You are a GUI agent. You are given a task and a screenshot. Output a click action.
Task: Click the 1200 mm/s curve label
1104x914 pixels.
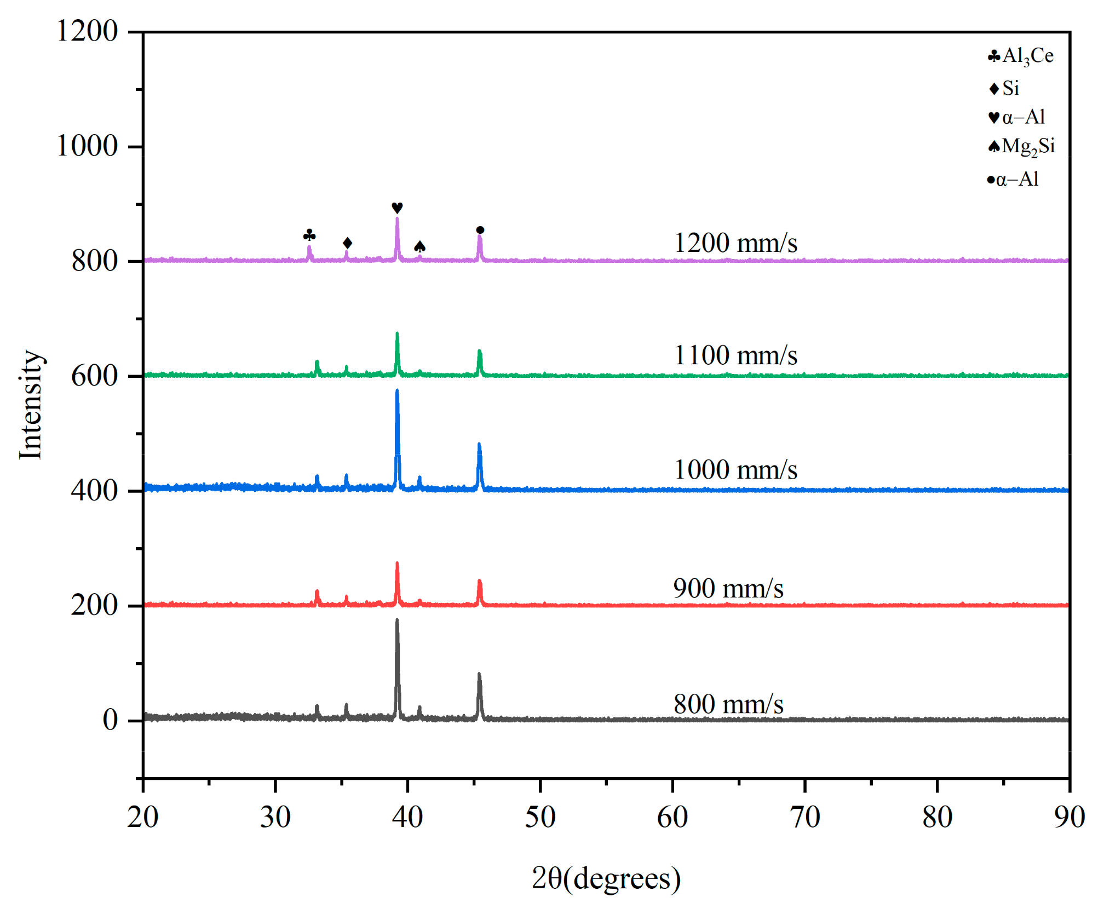pos(735,243)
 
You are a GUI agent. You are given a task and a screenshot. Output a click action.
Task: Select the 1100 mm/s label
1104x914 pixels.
pos(735,355)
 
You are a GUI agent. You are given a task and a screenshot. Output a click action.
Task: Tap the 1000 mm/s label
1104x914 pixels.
pos(735,470)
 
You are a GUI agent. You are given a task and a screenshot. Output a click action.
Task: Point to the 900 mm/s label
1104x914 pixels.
pos(728,589)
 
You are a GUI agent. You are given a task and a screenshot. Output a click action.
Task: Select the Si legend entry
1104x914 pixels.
pos(1005,88)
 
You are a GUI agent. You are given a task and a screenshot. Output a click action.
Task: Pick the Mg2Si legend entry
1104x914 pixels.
pos(1021,147)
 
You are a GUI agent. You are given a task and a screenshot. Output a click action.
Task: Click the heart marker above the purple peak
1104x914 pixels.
pos(397,208)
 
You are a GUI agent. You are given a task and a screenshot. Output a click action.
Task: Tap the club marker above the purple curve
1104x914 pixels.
pos(309,235)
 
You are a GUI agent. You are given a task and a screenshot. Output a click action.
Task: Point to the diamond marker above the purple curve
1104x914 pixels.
pos(347,243)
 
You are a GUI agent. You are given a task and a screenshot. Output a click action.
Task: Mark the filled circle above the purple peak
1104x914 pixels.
pos(480,230)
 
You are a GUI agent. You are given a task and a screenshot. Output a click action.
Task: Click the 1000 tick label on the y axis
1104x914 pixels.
pos(87,146)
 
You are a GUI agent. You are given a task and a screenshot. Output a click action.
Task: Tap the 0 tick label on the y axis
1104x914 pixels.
pos(110,720)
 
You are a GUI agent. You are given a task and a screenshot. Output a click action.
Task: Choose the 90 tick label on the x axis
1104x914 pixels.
pos(1069,818)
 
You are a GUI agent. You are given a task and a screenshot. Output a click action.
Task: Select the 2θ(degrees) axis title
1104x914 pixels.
pos(606,878)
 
